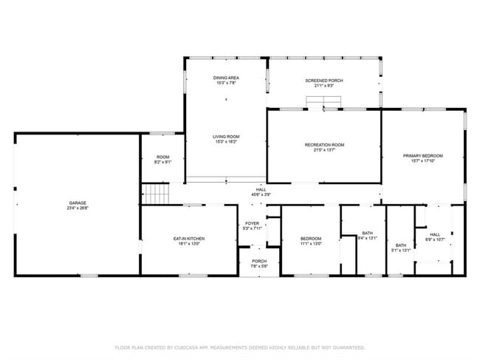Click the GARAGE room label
[78, 203]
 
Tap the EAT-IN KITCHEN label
[189, 239]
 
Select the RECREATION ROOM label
[324, 145]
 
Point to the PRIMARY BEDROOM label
[422, 155]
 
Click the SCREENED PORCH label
[324, 81]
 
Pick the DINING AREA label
[226, 78]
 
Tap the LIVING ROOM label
[226, 137]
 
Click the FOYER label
[253, 223]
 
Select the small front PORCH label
[259, 261]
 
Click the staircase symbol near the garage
[156, 194]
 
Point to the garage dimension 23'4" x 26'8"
[78, 208]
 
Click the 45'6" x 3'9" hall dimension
[261, 194]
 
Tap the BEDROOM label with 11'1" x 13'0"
[311, 239]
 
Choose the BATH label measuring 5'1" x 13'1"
[400, 245]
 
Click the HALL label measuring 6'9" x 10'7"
[435, 234]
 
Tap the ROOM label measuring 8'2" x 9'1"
[162, 157]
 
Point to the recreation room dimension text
[324, 150]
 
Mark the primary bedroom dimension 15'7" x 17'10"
[422, 160]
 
